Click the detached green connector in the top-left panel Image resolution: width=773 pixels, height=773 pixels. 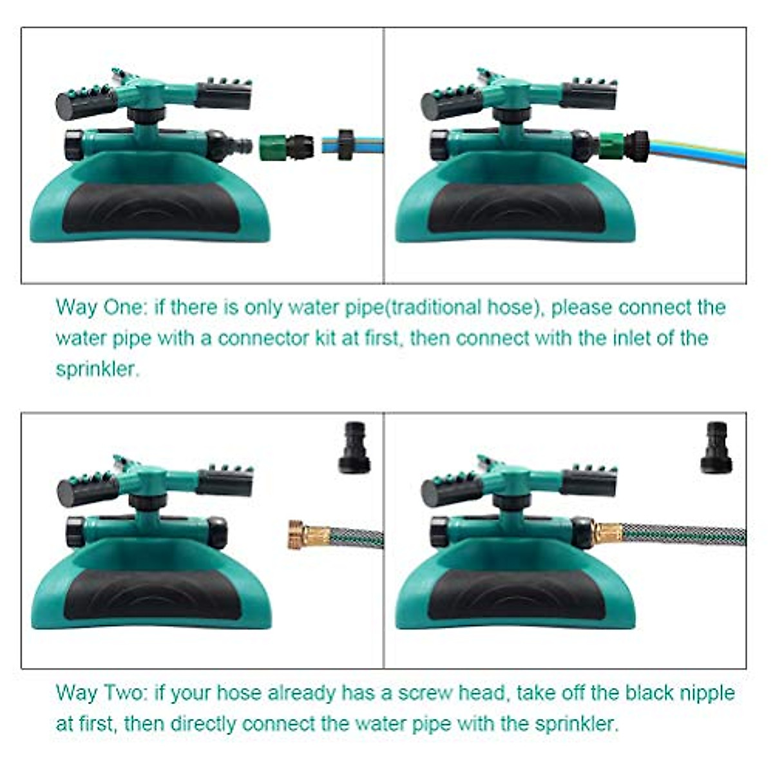tap(285, 146)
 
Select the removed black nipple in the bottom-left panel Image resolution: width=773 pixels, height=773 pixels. tap(354, 448)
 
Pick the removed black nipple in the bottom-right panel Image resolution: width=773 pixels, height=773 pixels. tap(716, 448)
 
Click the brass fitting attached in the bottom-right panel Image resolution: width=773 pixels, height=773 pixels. tap(607, 533)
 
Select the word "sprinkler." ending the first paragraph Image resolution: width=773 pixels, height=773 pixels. tap(97, 369)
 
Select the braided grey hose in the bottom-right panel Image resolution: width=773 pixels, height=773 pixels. tap(683, 534)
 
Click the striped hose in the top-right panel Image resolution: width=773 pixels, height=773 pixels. tap(696, 152)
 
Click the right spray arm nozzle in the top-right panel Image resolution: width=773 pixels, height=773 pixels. tap(589, 95)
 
